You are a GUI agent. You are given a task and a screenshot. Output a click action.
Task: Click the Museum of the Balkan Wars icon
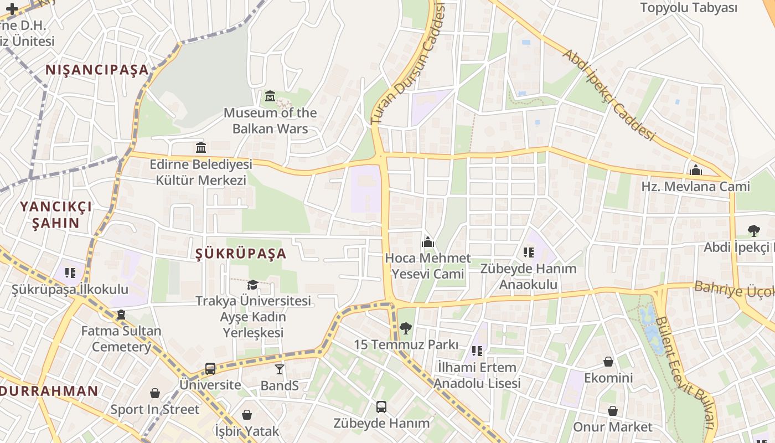[270, 96]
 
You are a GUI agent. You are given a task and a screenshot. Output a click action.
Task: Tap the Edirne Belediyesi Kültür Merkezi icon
[201, 148]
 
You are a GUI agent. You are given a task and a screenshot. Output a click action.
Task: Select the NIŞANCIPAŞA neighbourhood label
[97, 70]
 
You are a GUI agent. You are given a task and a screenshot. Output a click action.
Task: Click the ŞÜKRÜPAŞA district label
[241, 254]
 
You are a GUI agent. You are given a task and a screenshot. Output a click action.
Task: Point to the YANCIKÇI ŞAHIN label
[56, 215]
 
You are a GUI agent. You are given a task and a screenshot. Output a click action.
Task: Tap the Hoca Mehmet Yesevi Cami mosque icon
[427, 242]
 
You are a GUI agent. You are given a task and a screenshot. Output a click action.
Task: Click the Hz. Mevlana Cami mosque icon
[696, 170]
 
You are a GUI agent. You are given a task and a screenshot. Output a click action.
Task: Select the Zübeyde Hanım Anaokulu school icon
[529, 253]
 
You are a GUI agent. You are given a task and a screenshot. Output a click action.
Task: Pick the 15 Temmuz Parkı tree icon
[406, 328]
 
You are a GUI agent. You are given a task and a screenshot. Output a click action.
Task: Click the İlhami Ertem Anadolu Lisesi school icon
[477, 351]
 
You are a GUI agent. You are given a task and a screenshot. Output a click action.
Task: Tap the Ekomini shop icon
[608, 362]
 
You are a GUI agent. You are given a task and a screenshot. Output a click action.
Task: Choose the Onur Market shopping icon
[613, 411]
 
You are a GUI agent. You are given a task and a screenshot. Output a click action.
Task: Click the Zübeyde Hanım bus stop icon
[381, 407]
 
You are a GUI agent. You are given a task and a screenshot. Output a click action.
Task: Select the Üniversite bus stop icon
[210, 368]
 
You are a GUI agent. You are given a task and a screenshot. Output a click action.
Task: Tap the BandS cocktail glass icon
[280, 369]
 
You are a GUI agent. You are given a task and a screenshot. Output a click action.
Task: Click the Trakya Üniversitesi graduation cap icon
[252, 285]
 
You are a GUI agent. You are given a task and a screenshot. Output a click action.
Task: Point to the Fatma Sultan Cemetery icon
[121, 315]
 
